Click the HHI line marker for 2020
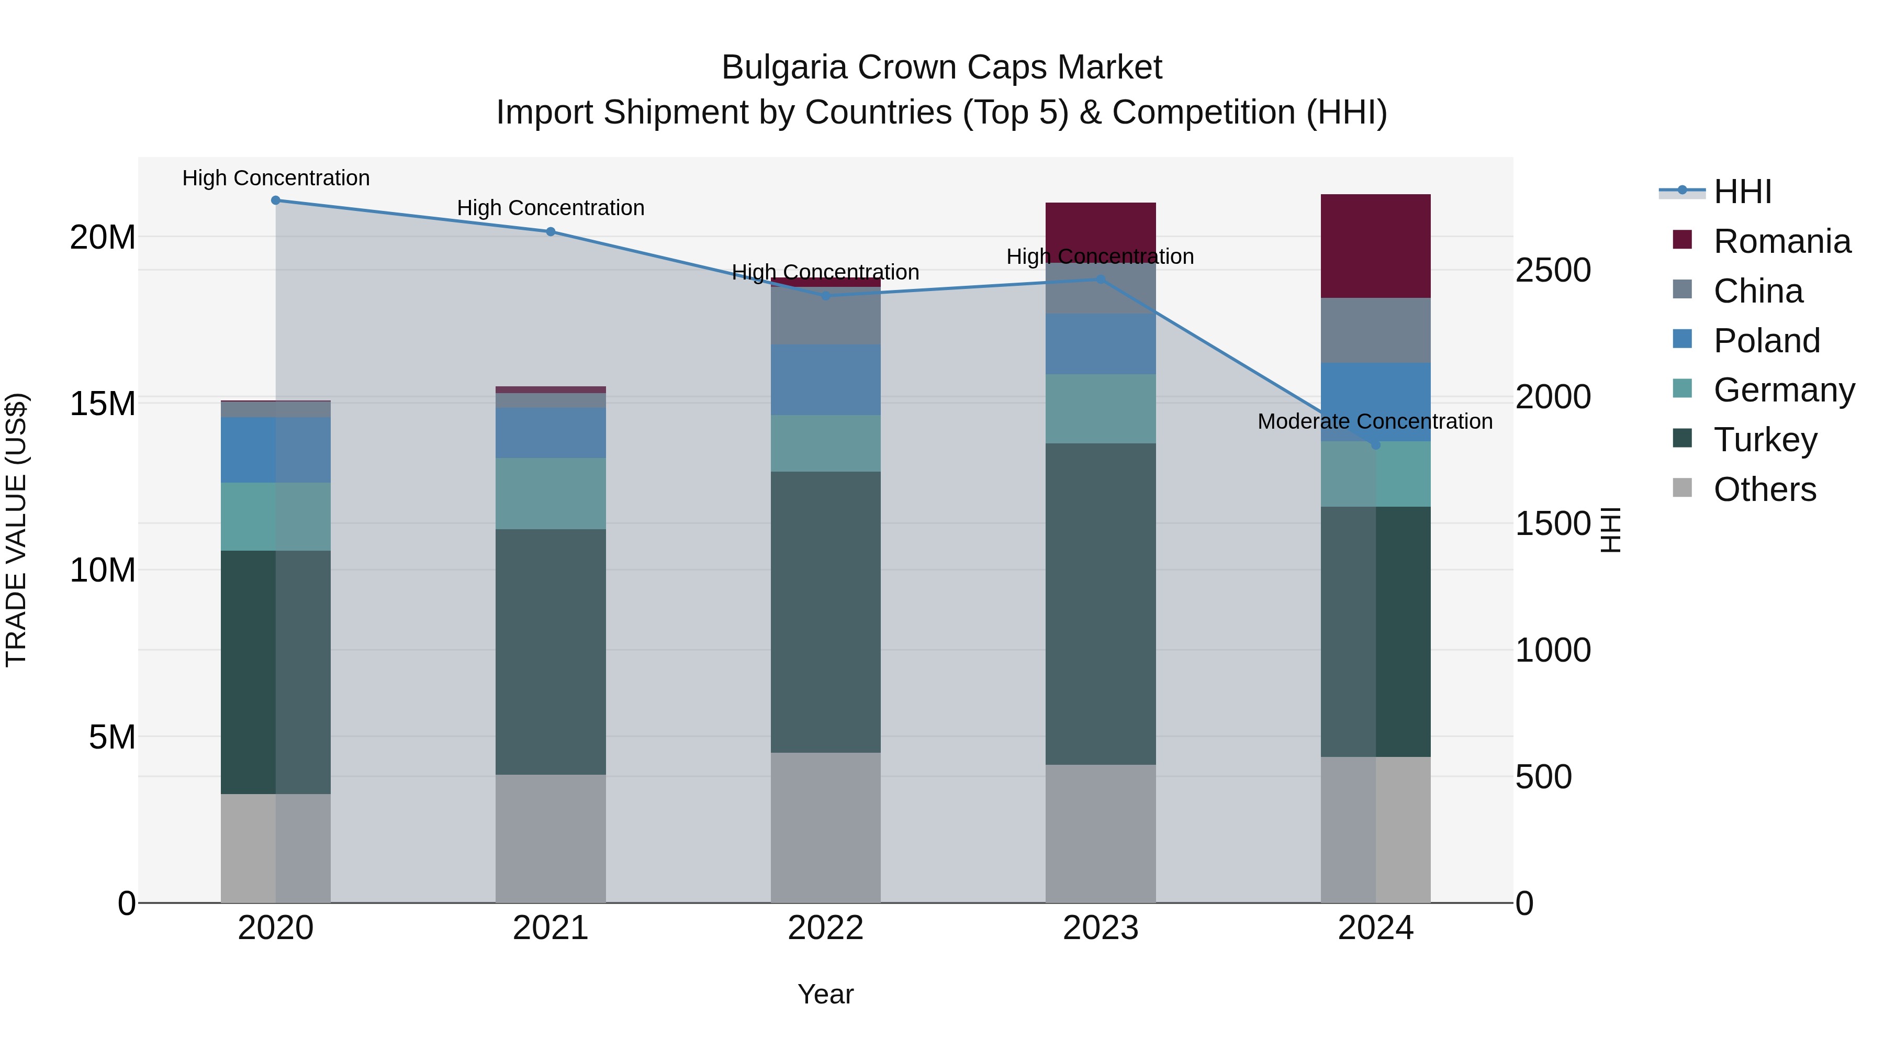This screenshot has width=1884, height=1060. click(x=276, y=200)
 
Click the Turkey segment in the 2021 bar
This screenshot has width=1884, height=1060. click(x=551, y=651)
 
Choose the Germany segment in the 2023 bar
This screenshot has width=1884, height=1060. click(x=1100, y=408)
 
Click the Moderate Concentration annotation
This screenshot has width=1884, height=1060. click(x=1375, y=421)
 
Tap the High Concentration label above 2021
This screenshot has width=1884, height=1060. click(x=551, y=208)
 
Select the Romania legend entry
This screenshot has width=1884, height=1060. click(x=1781, y=241)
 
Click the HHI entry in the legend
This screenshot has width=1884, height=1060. click(x=1742, y=192)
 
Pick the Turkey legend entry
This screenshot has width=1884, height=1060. click(x=1765, y=440)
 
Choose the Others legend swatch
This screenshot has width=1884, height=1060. click(x=1682, y=488)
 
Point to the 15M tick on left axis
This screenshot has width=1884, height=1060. click(x=103, y=404)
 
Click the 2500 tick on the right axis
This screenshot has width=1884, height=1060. click(x=1552, y=270)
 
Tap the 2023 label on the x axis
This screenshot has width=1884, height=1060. click(x=1100, y=928)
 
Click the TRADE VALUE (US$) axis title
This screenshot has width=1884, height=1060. click(x=16, y=530)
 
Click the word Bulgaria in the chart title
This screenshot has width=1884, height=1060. click(x=785, y=68)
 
